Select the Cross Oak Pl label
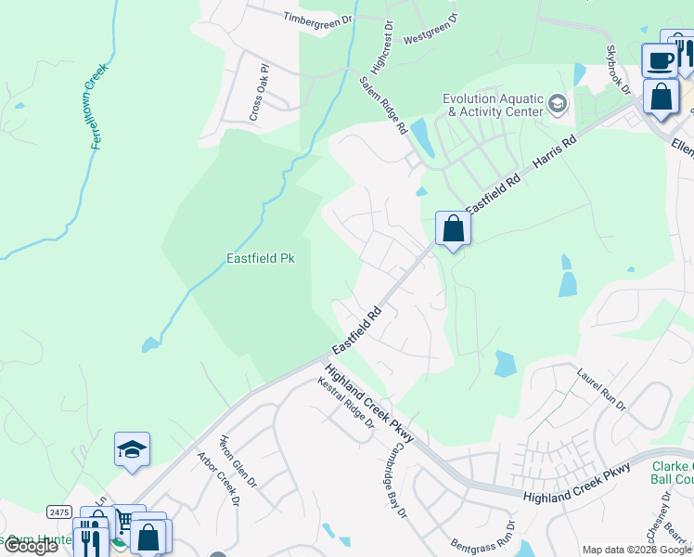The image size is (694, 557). tap(258, 93)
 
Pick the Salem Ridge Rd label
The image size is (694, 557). tap(384, 107)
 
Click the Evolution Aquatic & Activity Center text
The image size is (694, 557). tap(493, 105)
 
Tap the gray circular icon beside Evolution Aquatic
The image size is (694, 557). tap(558, 103)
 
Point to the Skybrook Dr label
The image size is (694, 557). tap(618, 71)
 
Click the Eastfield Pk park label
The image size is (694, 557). tap(261, 259)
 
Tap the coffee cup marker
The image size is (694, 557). tap(659, 60)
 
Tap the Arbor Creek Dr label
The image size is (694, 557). tap(219, 479)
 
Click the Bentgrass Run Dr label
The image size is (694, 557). tap(482, 532)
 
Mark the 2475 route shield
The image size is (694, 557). tap(59, 512)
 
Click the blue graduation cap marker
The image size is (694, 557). tap(132, 449)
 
